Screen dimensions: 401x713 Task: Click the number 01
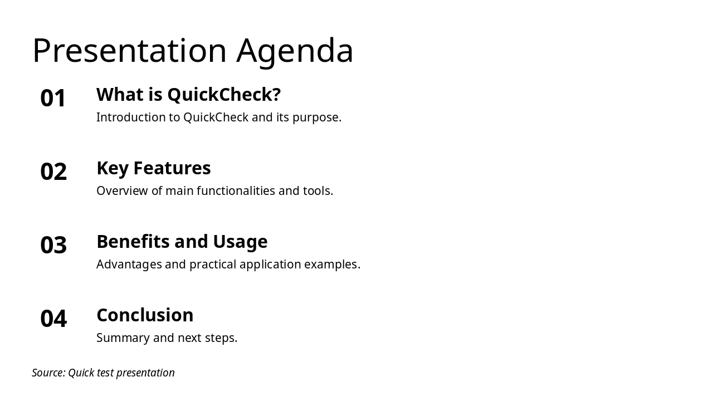[53, 99]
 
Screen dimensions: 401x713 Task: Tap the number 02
[53, 172]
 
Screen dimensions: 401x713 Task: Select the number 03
[53, 246]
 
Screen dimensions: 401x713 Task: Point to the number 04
[53, 319]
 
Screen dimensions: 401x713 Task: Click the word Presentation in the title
[129, 51]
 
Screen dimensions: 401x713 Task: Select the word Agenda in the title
[295, 51]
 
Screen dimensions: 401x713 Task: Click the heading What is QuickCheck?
[188, 95]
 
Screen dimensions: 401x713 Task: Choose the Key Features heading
[153, 168]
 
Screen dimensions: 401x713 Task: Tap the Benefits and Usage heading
[182, 242]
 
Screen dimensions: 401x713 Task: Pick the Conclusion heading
[145, 315]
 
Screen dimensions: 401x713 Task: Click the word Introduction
[131, 118]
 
